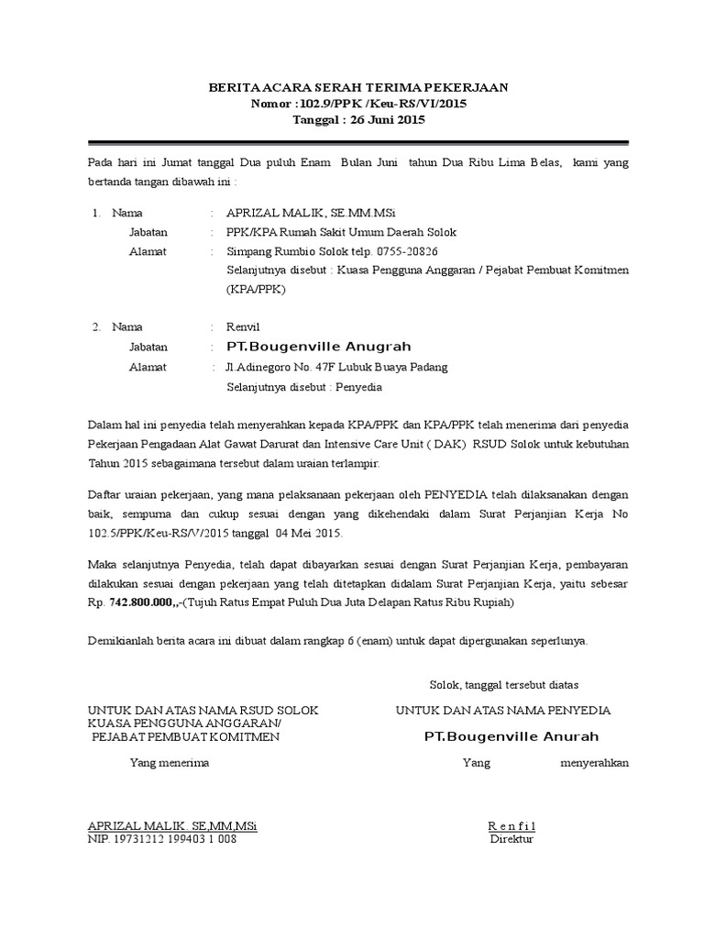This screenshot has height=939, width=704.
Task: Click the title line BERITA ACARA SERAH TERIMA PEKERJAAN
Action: pos(358,87)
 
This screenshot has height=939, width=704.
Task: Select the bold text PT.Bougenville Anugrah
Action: pos(319,347)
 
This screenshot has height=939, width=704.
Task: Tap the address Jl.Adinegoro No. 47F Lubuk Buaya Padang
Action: pos(336,367)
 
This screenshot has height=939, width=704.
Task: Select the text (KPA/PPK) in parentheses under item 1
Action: pos(256,289)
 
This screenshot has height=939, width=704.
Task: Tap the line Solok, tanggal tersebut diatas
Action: pos(504,685)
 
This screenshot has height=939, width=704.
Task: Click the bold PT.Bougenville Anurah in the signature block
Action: pos(511,737)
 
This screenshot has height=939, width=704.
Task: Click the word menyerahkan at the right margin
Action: pos(594,762)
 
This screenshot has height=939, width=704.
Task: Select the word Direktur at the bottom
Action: pos(511,838)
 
